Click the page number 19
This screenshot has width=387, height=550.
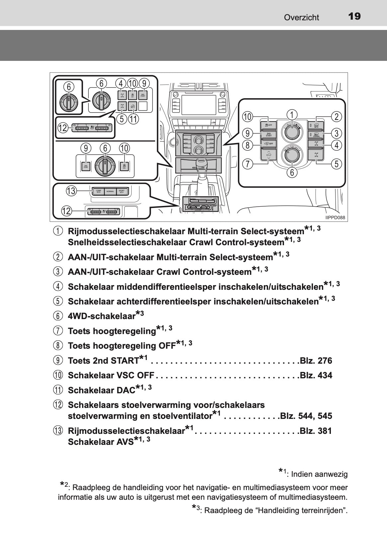[x=354, y=16]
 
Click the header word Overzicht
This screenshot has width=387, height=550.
[x=301, y=18]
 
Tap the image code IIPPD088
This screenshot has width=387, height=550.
[x=335, y=218]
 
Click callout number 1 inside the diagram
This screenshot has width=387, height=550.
[x=292, y=115]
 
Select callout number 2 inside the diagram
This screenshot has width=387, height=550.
[x=337, y=116]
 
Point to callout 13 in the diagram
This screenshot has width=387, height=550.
[x=71, y=191]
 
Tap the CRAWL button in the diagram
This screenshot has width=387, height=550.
[x=316, y=135]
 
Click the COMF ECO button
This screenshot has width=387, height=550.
[x=98, y=191]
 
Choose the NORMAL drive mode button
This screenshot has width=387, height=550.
[x=110, y=191]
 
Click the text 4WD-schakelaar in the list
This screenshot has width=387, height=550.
[x=102, y=316]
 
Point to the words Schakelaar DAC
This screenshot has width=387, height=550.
[x=101, y=390]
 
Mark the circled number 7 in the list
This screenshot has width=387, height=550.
[x=58, y=331]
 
